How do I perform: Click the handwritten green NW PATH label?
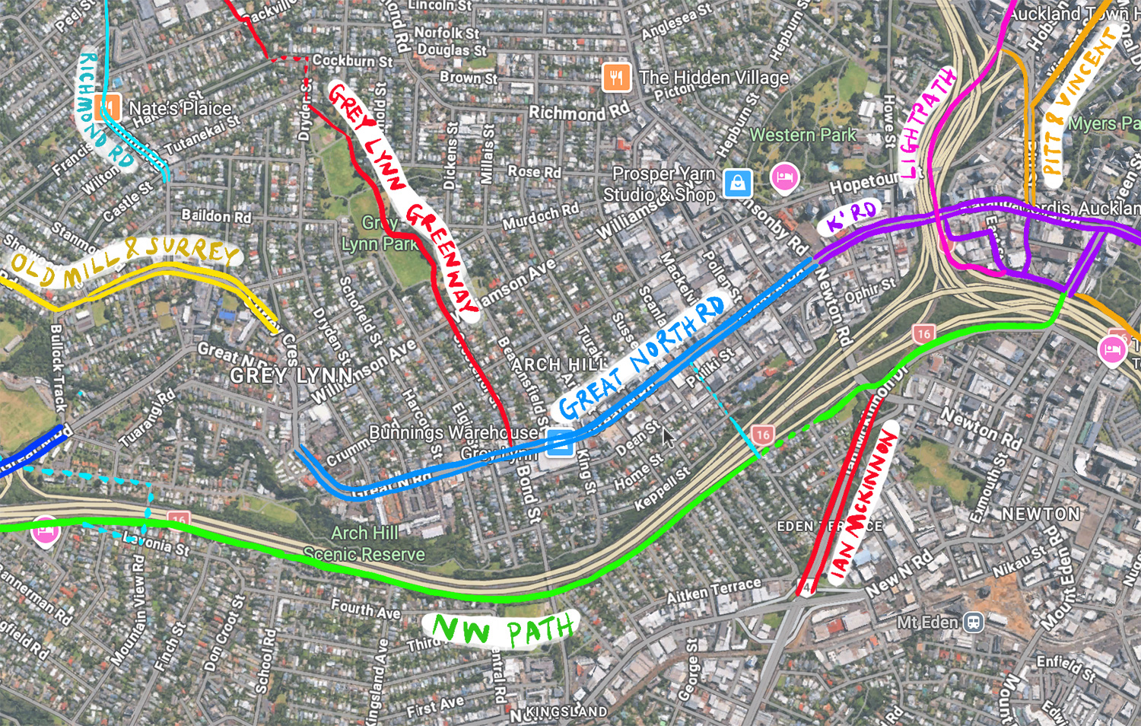(x=502, y=631)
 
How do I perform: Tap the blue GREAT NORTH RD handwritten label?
(x=640, y=358)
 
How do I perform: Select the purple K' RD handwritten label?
(x=851, y=216)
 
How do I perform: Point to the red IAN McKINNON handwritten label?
(x=864, y=505)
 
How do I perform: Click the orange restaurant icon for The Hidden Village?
(x=616, y=78)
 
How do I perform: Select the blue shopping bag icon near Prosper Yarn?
(x=737, y=183)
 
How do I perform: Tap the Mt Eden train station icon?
(x=973, y=623)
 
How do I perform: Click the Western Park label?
(x=803, y=135)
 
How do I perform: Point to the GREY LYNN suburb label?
(x=292, y=375)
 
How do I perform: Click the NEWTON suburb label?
(x=1040, y=514)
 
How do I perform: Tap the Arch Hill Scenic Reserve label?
(x=364, y=543)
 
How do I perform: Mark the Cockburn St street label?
(x=353, y=60)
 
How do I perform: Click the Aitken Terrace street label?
(x=714, y=591)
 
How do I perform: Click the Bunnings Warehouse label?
(x=453, y=432)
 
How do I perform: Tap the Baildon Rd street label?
(x=216, y=216)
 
